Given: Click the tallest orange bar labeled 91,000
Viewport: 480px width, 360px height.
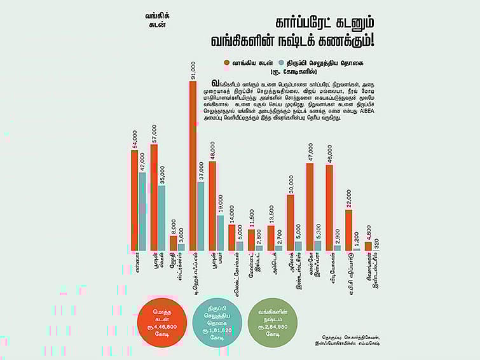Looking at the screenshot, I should coord(193,165).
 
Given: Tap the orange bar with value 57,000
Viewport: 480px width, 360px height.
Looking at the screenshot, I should coord(153,197).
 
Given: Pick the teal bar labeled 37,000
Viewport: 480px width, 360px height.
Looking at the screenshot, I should coord(201,216).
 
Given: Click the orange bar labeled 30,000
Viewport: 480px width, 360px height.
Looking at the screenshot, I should coord(290,223).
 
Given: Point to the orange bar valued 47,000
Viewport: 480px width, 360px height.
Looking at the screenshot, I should coord(310,207).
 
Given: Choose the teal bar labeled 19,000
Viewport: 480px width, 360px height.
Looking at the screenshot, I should coord(220,233).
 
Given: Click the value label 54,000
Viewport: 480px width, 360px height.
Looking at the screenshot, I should coord(135,141).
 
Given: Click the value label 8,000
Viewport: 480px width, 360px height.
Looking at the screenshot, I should coord(174,226).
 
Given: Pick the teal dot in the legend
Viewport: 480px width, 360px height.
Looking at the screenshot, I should coord(291,62).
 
